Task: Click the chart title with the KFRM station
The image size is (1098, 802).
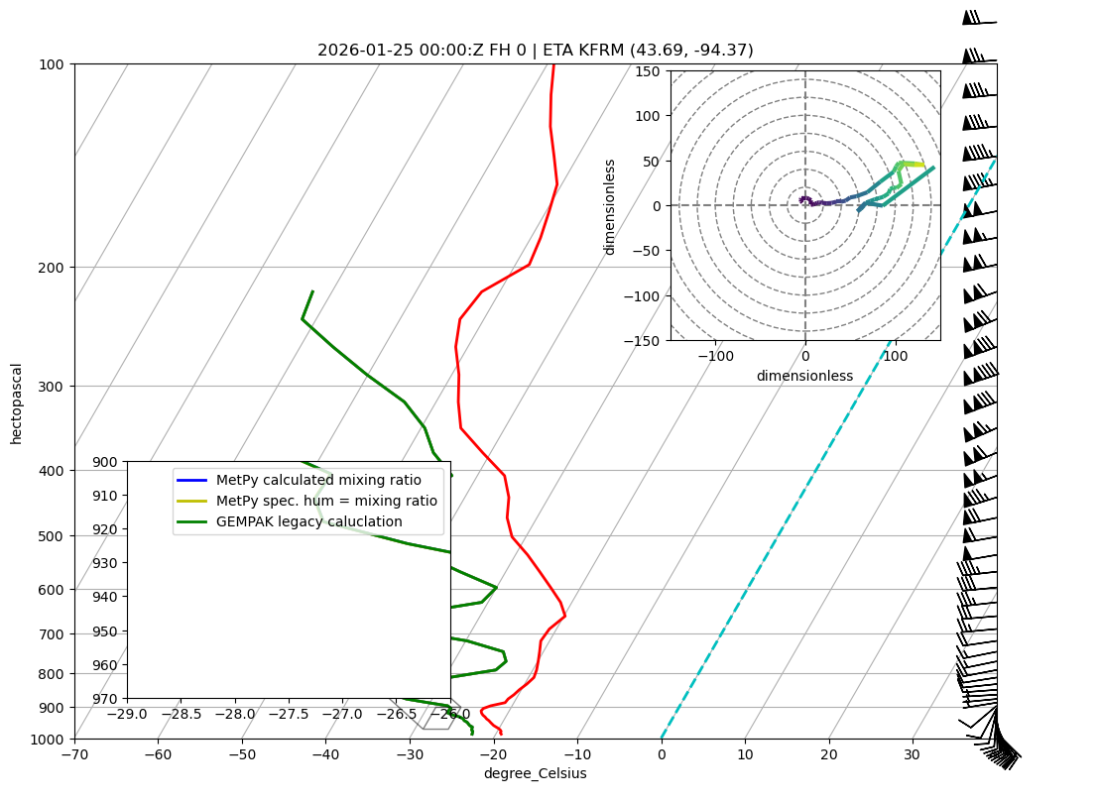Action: coord(536,50)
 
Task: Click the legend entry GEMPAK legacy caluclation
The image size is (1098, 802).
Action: coord(308,521)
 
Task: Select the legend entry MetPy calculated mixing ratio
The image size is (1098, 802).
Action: coord(318,480)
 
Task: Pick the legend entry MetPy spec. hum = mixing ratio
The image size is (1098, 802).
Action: coord(326,501)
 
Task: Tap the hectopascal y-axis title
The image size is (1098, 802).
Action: coord(16,402)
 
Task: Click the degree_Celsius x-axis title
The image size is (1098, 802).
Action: coord(535,773)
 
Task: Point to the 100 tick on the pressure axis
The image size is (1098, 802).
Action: coord(51,64)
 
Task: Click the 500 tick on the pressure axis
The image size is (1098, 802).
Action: coord(51,536)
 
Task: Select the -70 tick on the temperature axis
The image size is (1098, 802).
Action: coord(74,754)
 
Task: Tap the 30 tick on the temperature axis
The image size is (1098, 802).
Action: coord(912,754)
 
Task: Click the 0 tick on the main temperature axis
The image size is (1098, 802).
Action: coord(662,754)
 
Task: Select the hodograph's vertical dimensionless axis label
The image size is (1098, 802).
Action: coord(610,206)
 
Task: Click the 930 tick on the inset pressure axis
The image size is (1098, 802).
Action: coord(104,563)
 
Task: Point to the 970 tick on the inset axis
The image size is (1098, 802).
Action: coord(104,699)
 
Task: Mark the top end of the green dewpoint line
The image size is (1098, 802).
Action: coord(312,291)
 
